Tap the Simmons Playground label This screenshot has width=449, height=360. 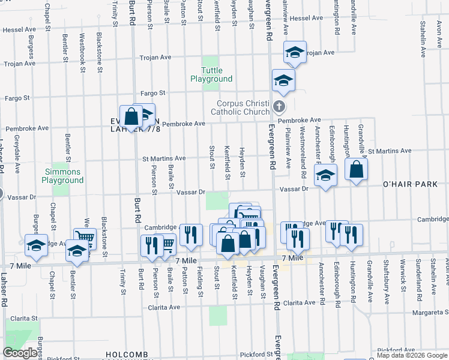tap(62, 176)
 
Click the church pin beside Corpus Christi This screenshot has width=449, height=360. tap(278, 107)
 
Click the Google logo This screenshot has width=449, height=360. tap(20, 353)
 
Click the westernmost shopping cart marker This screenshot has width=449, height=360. tap(85, 239)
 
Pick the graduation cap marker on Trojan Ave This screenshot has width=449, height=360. tap(294, 52)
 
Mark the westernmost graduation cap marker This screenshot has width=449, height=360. tap(37, 245)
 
